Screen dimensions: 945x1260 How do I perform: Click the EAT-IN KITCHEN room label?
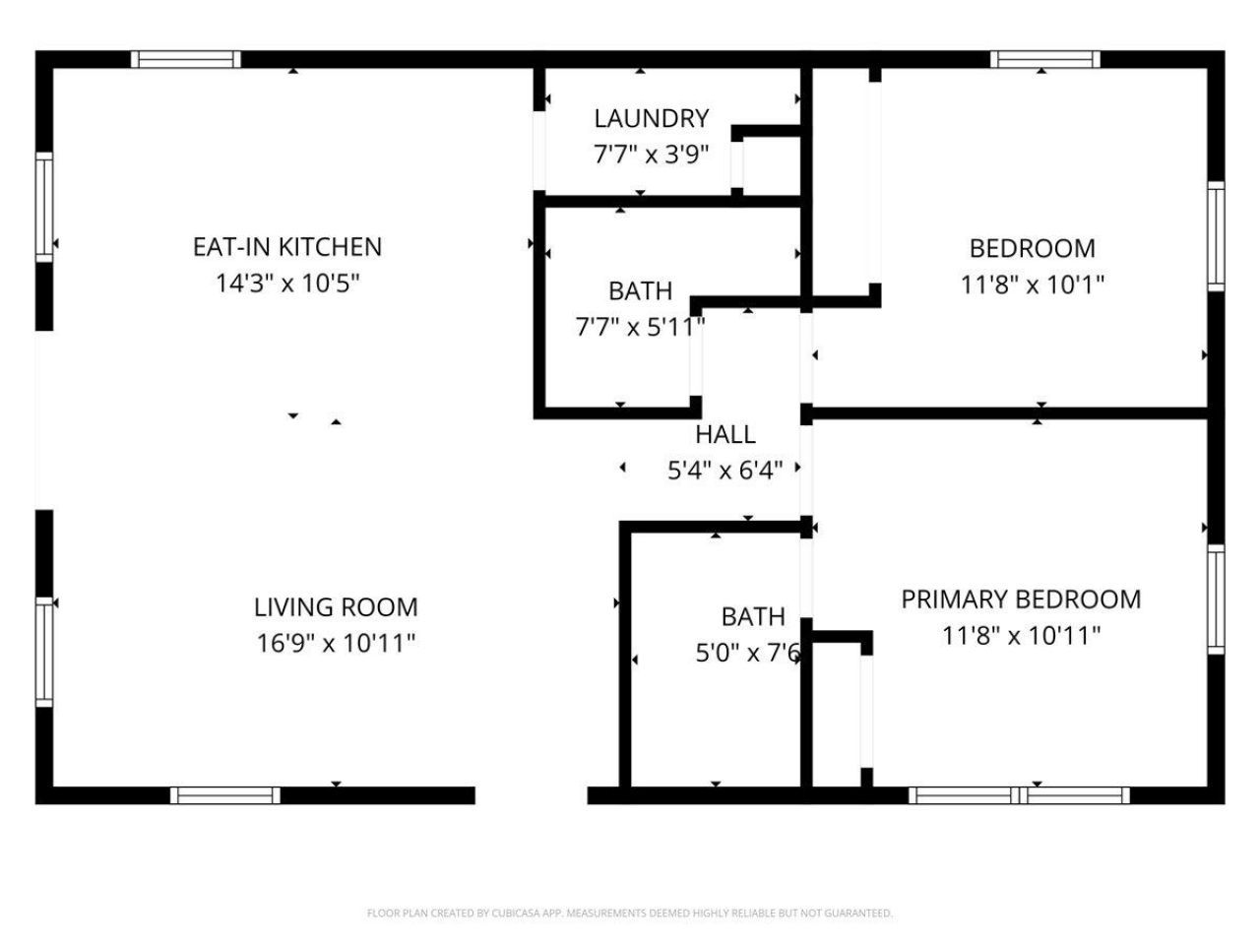click(x=286, y=246)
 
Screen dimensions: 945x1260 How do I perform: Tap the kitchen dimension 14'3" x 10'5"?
click(x=287, y=283)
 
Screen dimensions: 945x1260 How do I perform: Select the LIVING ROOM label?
click(x=336, y=606)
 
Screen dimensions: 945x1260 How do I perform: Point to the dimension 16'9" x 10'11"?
click(x=336, y=643)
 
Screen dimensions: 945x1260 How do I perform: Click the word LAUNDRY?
click(x=651, y=118)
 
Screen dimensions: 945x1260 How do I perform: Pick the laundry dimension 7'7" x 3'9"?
click(x=651, y=155)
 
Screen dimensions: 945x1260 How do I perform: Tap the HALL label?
click(x=725, y=434)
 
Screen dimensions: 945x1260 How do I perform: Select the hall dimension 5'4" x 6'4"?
click(x=725, y=471)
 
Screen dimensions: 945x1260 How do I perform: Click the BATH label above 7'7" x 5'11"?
click(x=640, y=290)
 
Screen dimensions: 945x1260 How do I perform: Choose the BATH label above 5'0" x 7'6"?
click(x=753, y=616)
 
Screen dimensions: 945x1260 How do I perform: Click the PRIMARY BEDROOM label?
click(x=1021, y=598)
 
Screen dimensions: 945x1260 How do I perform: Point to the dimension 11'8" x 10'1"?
click(x=1032, y=284)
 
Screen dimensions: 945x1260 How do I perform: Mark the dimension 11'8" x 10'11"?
click(x=1021, y=635)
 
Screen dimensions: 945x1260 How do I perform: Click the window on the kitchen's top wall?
click(x=186, y=59)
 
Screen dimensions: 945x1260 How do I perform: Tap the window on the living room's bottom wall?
click(x=225, y=795)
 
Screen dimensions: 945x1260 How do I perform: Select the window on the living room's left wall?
click(x=44, y=652)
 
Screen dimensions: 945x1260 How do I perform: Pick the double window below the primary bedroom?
click(x=1019, y=795)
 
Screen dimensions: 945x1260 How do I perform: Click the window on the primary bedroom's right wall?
click(x=1216, y=598)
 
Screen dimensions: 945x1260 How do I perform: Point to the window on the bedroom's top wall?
click(x=1044, y=59)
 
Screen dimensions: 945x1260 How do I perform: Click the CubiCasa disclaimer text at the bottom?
click(x=630, y=913)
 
